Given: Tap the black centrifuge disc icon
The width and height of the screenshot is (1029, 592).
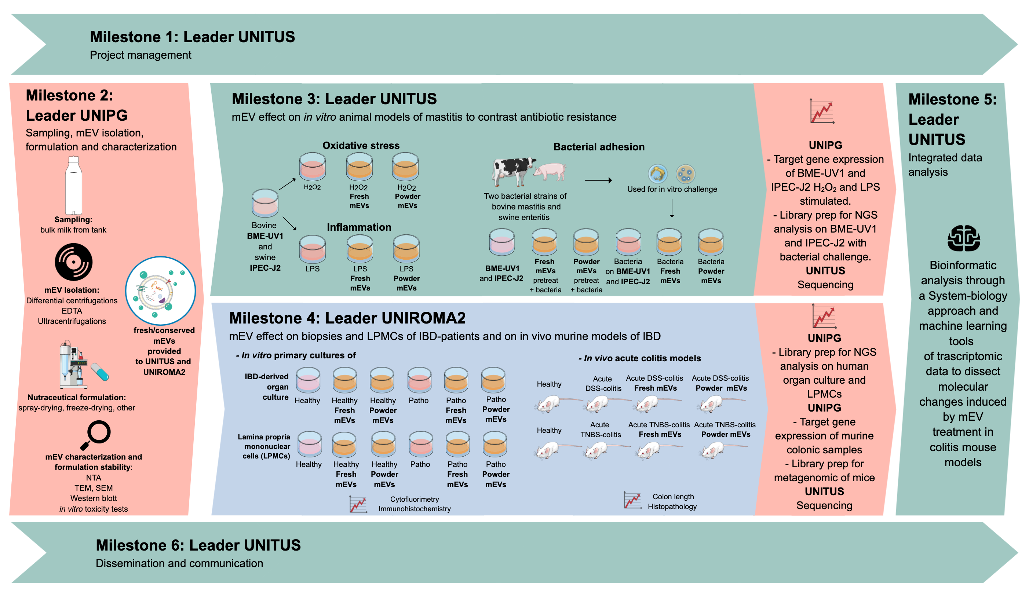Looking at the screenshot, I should [74, 262].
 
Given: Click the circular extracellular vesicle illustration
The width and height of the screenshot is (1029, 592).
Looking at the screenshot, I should [161, 291].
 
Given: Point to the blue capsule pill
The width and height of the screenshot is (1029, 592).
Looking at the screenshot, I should [100, 372].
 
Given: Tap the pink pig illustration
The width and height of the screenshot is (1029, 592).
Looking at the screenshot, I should [550, 171].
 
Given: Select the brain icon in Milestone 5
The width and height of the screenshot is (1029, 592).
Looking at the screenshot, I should [964, 238].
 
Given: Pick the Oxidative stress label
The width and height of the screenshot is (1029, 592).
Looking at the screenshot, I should [361, 146].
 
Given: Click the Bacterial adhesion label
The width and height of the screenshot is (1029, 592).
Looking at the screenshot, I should [598, 147].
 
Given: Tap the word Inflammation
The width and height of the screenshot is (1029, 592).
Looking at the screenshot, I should [359, 227].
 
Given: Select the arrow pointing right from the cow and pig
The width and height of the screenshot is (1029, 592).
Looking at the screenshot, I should [598, 180].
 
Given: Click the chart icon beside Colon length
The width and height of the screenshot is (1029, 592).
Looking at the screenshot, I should [632, 501].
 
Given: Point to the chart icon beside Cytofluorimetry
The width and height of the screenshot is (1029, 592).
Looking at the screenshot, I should [358, 504].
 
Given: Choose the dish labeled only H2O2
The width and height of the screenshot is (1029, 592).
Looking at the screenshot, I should [312, 167].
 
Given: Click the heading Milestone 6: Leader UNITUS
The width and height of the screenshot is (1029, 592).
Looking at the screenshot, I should [198, 545].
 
